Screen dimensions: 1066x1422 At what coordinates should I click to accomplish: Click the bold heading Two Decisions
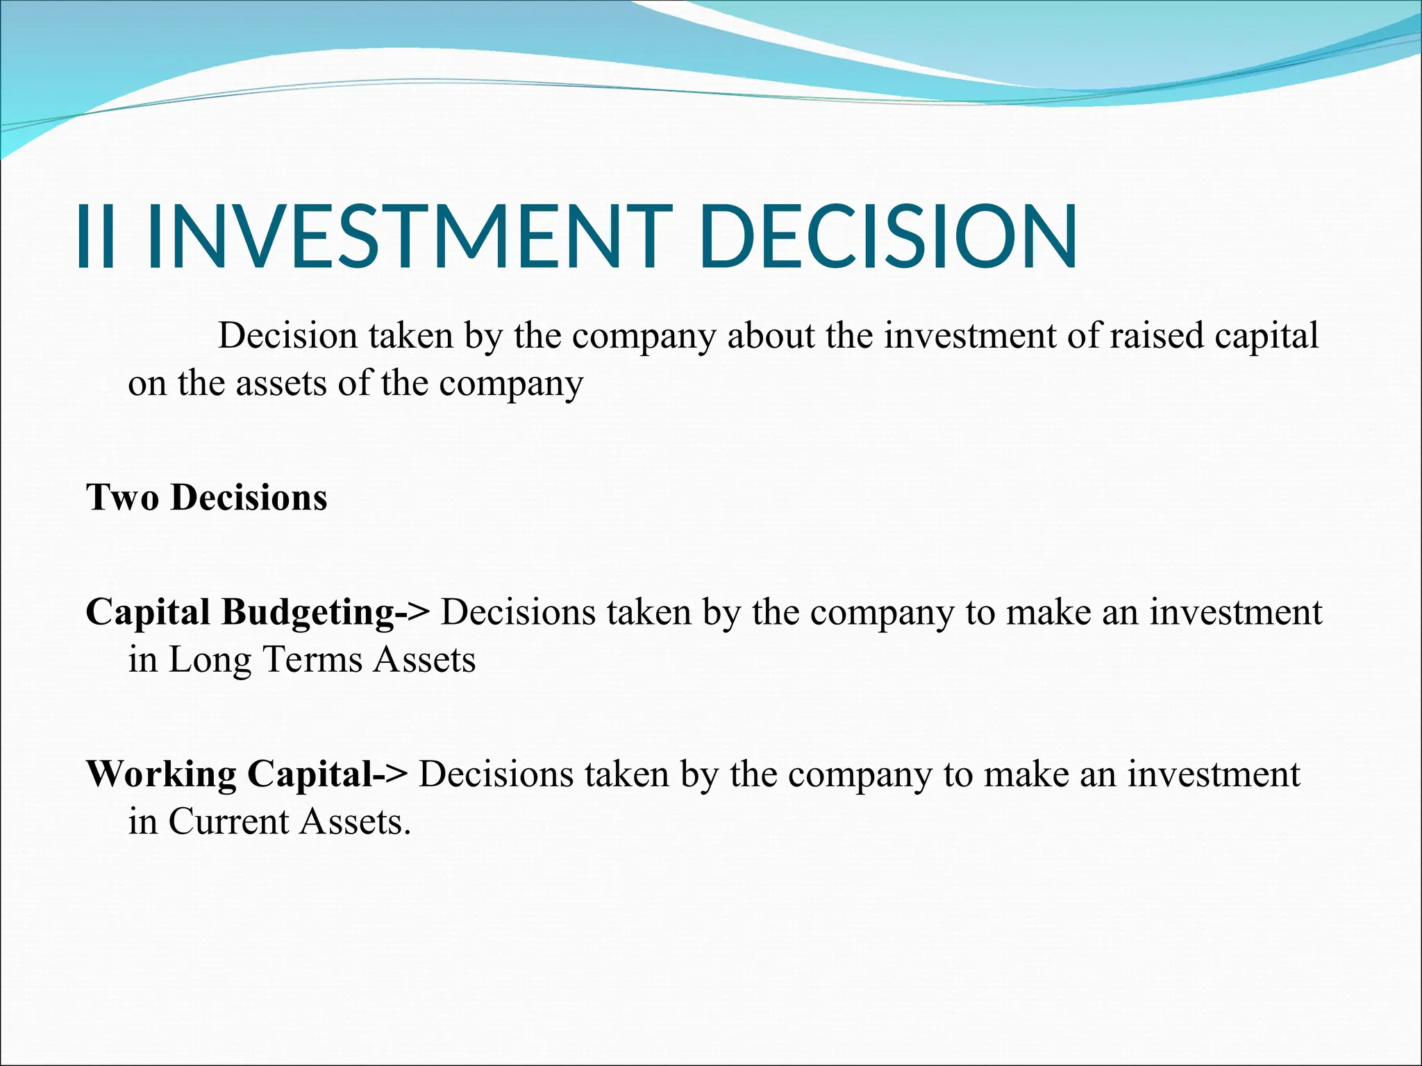[x=206, y=498]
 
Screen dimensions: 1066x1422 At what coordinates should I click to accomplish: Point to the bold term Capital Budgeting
[x=240, y=612]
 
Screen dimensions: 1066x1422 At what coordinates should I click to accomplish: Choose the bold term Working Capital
[x=229, y=774]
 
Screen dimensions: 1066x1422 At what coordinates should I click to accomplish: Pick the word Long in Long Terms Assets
[x=210, y=660]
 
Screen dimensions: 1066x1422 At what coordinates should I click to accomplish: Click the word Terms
[x=312, y=660]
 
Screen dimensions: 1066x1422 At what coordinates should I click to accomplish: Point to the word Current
[x=228, y=822]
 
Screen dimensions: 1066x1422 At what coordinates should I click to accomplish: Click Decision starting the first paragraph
[x=287, y=336]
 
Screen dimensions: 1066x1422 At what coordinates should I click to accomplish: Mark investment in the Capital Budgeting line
[x=1235, y=613]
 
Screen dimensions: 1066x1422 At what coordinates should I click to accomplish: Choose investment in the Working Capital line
[x=1213, y=775]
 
